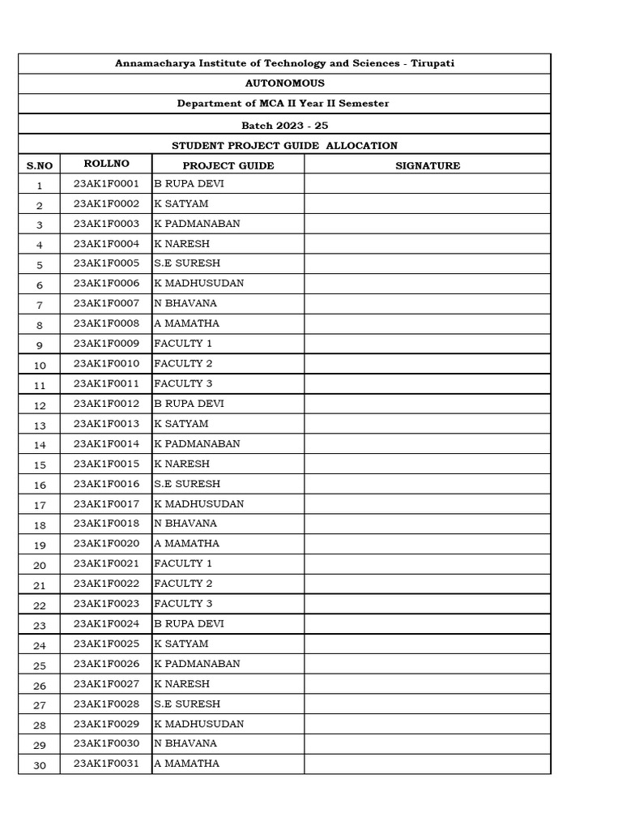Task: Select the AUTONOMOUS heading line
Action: [x=284, y=83]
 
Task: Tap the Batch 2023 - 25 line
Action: [x=284, y=125]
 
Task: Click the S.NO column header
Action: [x=39, y=165]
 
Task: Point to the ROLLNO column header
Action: [x=105, y=165]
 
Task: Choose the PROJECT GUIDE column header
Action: [x=228, y=165]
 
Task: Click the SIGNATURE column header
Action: [x=427, y=165]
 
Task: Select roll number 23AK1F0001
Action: [x=106, y=184]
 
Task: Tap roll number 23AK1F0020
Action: [x=106, y=544]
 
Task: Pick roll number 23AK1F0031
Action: [x=106, y=764]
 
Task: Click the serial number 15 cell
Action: [x=40, y=464]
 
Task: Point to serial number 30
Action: [x=40, y=764]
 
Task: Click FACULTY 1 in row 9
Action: [x=183, y=344]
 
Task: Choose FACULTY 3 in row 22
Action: [x=183, y=604]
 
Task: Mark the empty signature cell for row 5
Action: [x=427, y=263]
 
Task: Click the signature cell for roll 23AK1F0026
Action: [x=427, y=664]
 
